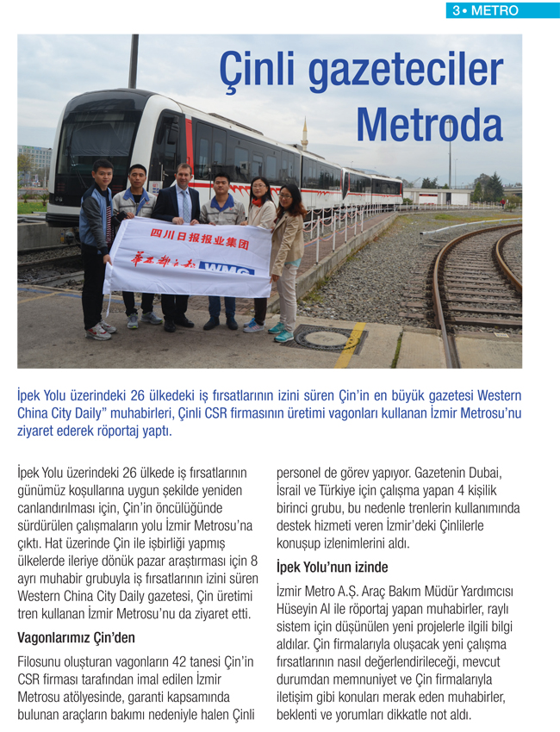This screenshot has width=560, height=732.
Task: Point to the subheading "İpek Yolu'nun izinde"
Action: (x=333, y=568)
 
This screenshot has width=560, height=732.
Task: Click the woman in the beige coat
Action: (x=289, y=250)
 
